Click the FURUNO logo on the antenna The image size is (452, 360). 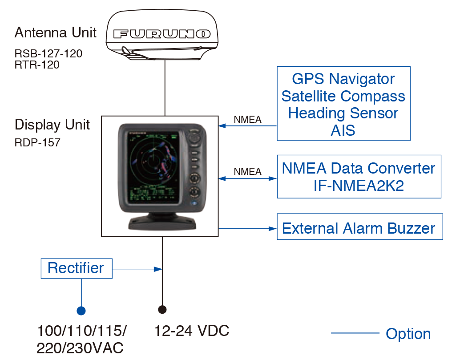pyautogui.click(x=162, y=34)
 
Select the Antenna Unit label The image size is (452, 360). pyautogui.click(x=56, y=32)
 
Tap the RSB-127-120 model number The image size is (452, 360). pyautogui.click(x=48, y=54)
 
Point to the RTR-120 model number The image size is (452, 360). pyautogui.click(x=37, y=65)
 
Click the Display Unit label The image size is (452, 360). pyautogui.click(x=52, y=125)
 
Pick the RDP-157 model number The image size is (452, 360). pyautogui.click(x=37, y=143)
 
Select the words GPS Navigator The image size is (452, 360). pyautogui.click(x=343, y=79)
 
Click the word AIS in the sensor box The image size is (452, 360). pyautogui.click(x=343, y=130)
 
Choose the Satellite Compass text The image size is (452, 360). pyautogui.click(x=343, y=96)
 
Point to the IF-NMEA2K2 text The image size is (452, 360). pyautogui.click(x=359, y=186)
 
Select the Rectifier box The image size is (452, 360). pyautogui.click(x=76, y=268)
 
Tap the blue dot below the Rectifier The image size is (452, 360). pyautogui.click(x=81, y=310)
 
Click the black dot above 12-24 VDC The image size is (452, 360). pyautogui.click(x=162, y=309)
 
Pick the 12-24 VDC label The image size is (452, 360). pyautogui.click(x=191, y=331)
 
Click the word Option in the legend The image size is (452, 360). pyautogui.click(x=408, y=334)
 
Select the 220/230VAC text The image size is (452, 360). pyautogui.click(x=80, y=348)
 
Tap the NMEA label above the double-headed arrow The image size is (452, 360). pyautogui.click(x=247, y=171)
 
